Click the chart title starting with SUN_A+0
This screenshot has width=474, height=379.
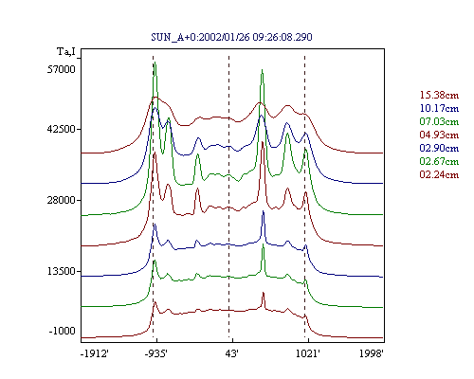point(231,37)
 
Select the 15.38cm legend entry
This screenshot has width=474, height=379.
point(439,95)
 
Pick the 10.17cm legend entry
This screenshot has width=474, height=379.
point(439,108)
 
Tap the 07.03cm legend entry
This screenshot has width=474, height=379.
point(439,121)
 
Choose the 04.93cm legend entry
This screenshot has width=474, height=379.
point(439,135)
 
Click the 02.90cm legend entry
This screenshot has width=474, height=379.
point(439,148)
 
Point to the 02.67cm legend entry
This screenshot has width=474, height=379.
point(439,161)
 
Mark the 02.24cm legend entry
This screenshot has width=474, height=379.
point(439,174)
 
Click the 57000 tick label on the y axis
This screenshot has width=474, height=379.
point(62,69)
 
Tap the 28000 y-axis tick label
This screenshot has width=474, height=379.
point(62,200)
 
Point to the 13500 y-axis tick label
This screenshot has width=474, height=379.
point(62,271)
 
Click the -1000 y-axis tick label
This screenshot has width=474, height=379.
point(63,331)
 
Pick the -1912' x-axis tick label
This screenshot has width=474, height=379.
point(95,353)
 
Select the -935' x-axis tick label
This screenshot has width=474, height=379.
point(156,353)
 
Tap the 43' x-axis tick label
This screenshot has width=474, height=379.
point(231,353)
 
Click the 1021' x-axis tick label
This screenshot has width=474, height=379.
point(308,353)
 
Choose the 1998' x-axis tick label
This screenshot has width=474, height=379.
point(372,353)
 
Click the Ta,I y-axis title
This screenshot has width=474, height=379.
point(66,51)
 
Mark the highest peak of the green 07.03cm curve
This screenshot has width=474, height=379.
point(155,63)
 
